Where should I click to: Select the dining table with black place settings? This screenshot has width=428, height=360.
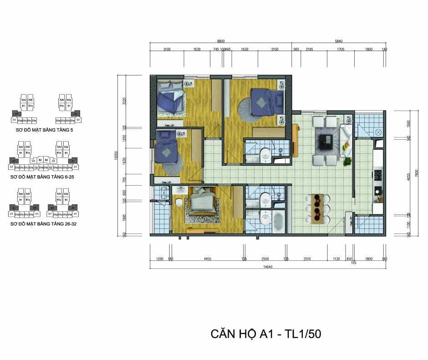(x=318, y=208)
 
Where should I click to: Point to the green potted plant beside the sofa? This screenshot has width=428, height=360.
(x=348, y=161)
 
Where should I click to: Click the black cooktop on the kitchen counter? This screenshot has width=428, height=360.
(x=377, y=174)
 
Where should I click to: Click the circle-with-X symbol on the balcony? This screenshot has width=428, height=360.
(x=378, y=132)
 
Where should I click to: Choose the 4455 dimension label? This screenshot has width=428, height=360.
(x=207, y=259)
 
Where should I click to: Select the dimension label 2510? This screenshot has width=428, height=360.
(x=307, y=259)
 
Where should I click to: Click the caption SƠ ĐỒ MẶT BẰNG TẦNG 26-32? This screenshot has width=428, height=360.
(x=42, y=224)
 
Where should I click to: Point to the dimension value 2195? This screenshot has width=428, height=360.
(x=310, y=49)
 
